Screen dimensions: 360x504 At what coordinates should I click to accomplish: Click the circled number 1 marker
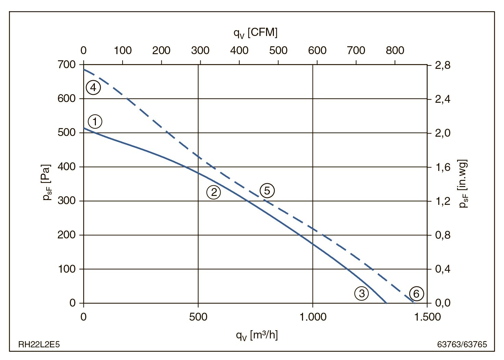(x=95, y=121)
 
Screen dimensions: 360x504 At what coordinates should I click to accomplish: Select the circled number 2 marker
(x=214, y=192)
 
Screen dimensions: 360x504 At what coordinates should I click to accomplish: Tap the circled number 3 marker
(x=362, y=293)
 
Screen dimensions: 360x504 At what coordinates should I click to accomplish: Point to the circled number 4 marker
(x=93, y=87)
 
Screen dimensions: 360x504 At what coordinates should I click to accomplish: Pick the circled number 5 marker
(x=267, y=190)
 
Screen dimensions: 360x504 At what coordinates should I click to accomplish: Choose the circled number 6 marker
(x=416, y=294)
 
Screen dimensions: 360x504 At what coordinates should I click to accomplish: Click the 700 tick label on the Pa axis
(x=67, y=64)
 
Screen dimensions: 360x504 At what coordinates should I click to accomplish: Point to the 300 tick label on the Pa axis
(x=67, y=201)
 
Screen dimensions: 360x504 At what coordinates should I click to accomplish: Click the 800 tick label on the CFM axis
(x=395, y=50)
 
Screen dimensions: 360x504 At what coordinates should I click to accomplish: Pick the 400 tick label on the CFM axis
(x=239, y=50)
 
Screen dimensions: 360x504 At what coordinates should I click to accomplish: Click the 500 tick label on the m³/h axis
(x=198, y=317)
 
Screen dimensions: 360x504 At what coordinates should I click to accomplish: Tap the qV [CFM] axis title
(x=255, y=33)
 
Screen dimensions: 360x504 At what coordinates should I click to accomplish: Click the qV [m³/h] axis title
(x=257, y=335)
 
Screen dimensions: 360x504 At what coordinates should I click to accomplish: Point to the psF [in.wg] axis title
(x=463, y=184)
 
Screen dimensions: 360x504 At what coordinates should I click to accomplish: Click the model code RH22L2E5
(x=39, y=344)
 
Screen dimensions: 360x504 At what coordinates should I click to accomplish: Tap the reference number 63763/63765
(x=462, y=344)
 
